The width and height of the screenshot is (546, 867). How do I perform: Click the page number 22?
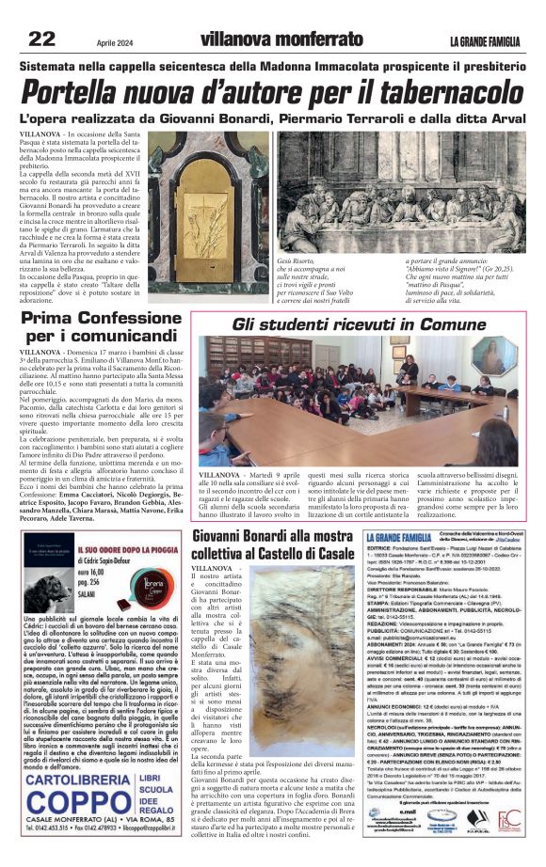[x=41, y=39]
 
